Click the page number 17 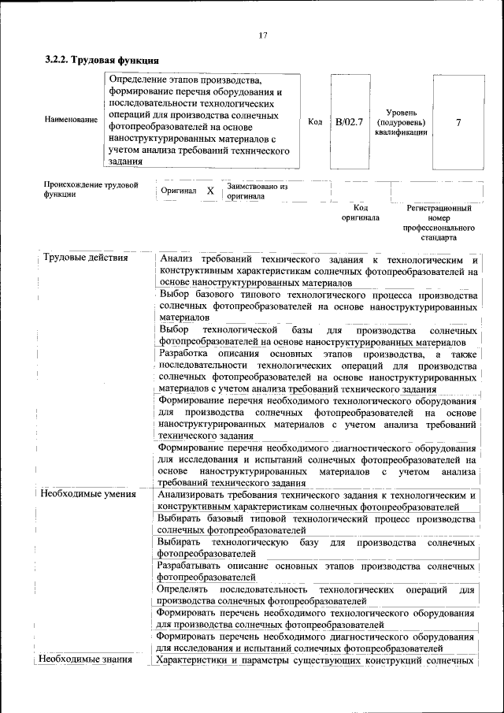(263, 35)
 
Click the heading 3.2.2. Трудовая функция (102, 60)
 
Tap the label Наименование (65, 121)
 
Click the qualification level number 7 (458, 122)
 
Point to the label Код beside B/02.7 (315, 122)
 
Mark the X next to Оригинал (210, 191)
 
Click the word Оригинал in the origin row (178, 191)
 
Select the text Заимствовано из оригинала (257, 191)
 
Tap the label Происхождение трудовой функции (91, 189)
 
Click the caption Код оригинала (360, 213)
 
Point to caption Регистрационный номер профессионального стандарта (439, 223)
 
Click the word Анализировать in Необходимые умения (192, 495)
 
